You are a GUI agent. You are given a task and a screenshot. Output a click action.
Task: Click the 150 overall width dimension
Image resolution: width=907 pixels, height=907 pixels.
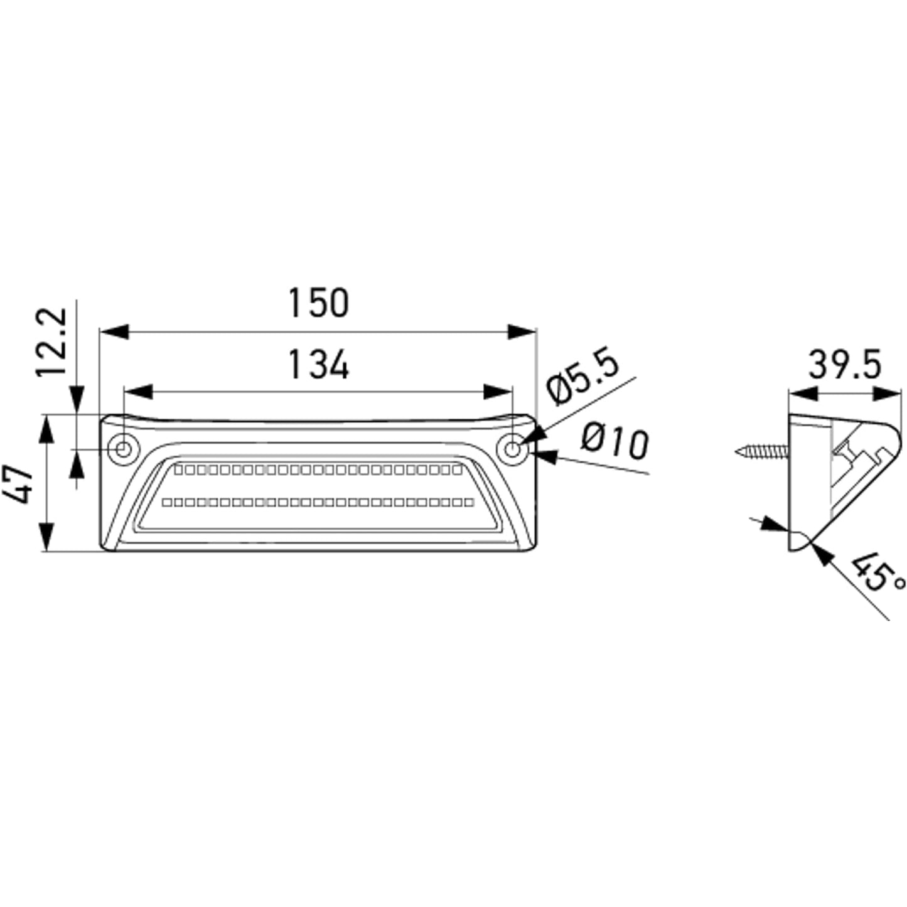319,303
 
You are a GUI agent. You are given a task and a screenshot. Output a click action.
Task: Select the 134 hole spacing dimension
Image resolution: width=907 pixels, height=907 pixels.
319,364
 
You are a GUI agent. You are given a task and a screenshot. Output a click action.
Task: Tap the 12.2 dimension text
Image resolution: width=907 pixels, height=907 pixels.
51,342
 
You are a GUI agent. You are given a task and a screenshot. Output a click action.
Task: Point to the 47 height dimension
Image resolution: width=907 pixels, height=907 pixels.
18,484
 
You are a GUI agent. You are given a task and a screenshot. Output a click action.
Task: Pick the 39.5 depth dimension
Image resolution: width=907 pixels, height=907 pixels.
845,364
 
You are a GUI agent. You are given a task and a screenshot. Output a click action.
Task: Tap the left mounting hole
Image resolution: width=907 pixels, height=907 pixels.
124,450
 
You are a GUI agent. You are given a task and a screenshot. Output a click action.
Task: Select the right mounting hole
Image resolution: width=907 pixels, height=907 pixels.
513,450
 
